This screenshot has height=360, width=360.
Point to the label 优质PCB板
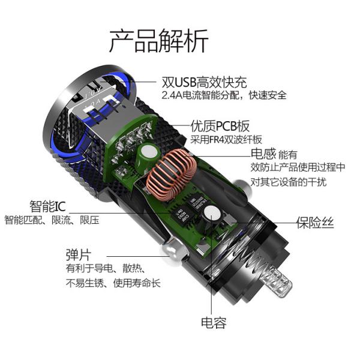tap(220, 127)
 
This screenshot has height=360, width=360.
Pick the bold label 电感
tap(263, 154)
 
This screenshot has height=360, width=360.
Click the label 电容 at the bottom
tap(214, 323)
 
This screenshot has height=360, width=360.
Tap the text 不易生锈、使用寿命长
tap(113, 283)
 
